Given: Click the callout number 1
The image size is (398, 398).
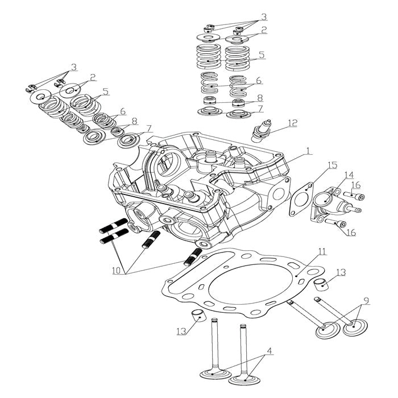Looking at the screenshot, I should [308, 151].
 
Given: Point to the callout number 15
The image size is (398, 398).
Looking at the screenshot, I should [332, 165].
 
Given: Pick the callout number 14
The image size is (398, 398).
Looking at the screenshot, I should [348, 174].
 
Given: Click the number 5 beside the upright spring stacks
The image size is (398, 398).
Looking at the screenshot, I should [261, 55].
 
